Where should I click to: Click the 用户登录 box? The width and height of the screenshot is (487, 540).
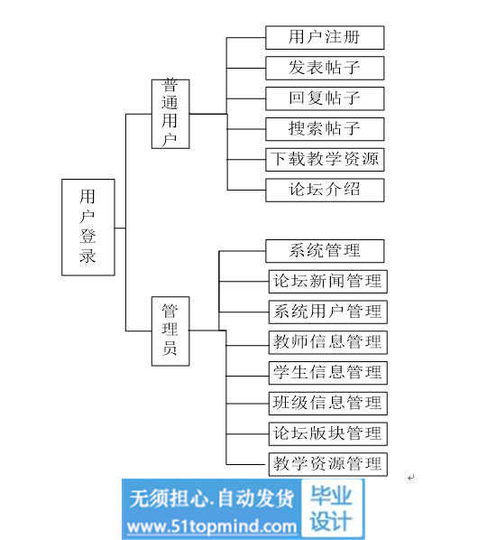[x=88, y=228]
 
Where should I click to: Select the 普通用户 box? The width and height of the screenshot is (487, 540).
[x=170, y=114]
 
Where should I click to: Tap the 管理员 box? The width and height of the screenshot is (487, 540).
[x=170, y=331]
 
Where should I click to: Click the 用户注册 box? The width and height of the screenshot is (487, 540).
[x=325, y=38]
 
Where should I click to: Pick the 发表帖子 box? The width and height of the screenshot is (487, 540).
[x=325, y=69]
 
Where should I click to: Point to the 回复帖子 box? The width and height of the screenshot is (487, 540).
[x=325, y=98]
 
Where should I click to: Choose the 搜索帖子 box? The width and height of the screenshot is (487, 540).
[x=325, y=129]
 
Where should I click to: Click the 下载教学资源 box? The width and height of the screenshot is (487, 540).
[x=325, y=160]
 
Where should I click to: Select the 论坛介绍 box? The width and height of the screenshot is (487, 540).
[x=325, y=190]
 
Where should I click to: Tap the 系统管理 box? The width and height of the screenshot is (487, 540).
[x=325, y=251]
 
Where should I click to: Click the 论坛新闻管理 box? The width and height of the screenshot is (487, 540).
[x=328, y=282]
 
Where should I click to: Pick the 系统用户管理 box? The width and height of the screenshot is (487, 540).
[x=328, y=312]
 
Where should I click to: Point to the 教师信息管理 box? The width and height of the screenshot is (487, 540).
[x=328, y=342]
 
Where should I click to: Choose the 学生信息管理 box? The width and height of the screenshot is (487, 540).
[x=328, y=373]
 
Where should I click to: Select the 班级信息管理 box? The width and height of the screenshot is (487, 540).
[x=328, y=404]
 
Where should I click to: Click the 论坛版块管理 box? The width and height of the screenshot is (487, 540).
[x=328, y=434]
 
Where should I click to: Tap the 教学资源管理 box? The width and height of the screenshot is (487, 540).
[x=328, y=464]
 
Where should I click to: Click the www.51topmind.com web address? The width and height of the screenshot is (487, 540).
[x=212, y=527]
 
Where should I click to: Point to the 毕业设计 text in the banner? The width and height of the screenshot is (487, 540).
[x=331, y=508]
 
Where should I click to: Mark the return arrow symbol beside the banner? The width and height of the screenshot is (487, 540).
[x=411, y=478]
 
